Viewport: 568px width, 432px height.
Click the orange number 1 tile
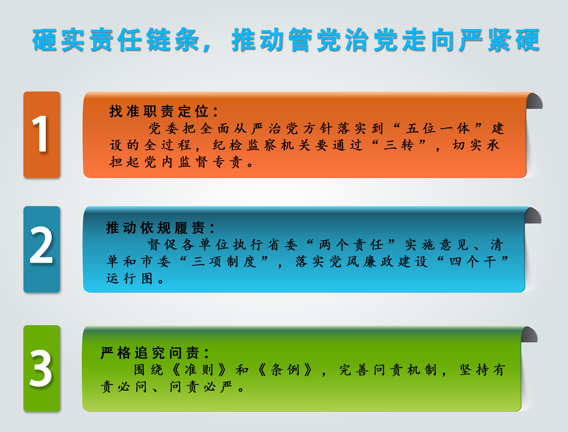pyautogui.click(x=42, y=134)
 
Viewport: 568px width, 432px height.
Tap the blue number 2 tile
pyautogui.click(x=42, y=249)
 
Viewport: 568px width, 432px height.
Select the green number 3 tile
pyautogui.click(x=42, y=368)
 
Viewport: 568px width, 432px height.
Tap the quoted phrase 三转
pyautogui.click(x=398, y=145)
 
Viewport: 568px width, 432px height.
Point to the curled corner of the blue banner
pyautogui.click(x=533, y=216)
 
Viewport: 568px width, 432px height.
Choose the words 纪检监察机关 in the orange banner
pyautogui.click(x=262, y=145)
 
